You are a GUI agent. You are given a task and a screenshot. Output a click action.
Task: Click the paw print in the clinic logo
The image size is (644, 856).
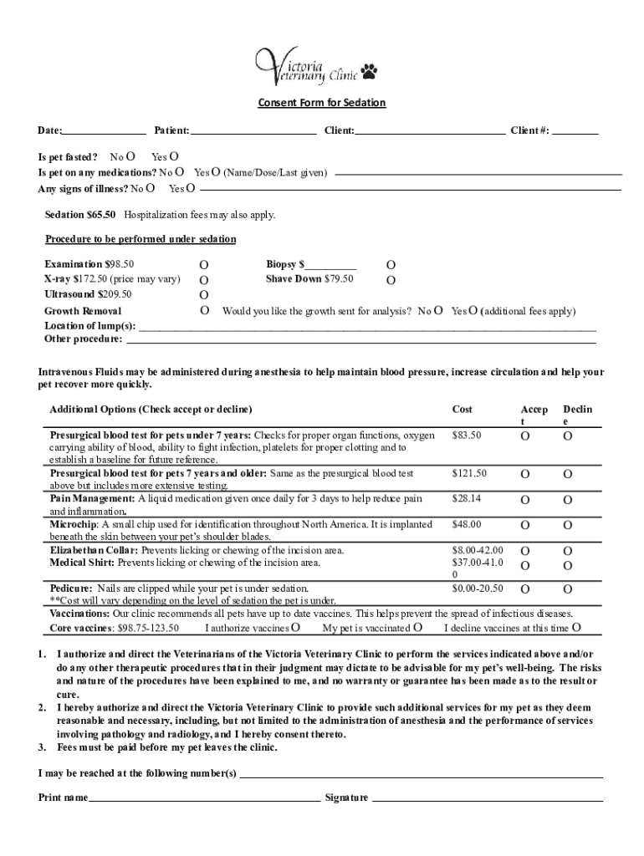coord(370,74)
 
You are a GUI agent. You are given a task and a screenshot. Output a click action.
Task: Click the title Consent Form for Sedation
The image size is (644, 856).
coord(321,103)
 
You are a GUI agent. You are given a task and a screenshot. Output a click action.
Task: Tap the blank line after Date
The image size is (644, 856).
coord(105,131)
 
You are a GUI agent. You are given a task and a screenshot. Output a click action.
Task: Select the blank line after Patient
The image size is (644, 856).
coord(253,131)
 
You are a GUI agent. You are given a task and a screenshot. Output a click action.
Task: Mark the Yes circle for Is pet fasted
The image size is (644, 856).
coord(174,156)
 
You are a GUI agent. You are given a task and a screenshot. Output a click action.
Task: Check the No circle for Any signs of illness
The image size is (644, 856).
coord(150,188)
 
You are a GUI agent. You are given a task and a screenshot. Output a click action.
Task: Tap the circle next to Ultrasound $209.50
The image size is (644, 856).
coord(204,295)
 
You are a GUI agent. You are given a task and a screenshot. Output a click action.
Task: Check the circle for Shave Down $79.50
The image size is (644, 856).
coord(391,280)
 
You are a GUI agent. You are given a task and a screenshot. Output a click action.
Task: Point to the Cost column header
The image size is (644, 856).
coord(462,410)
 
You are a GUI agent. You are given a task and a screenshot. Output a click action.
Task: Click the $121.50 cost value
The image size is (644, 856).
coord(469,474)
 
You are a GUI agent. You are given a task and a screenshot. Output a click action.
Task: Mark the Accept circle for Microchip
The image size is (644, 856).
coord(525,526)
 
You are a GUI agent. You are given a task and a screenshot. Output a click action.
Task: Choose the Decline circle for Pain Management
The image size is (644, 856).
coord(567,500)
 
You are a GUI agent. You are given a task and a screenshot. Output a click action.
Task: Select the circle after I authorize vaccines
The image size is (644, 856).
coord(295,628)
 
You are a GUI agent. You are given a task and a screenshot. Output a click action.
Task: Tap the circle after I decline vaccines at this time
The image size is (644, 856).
coord(576,628)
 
